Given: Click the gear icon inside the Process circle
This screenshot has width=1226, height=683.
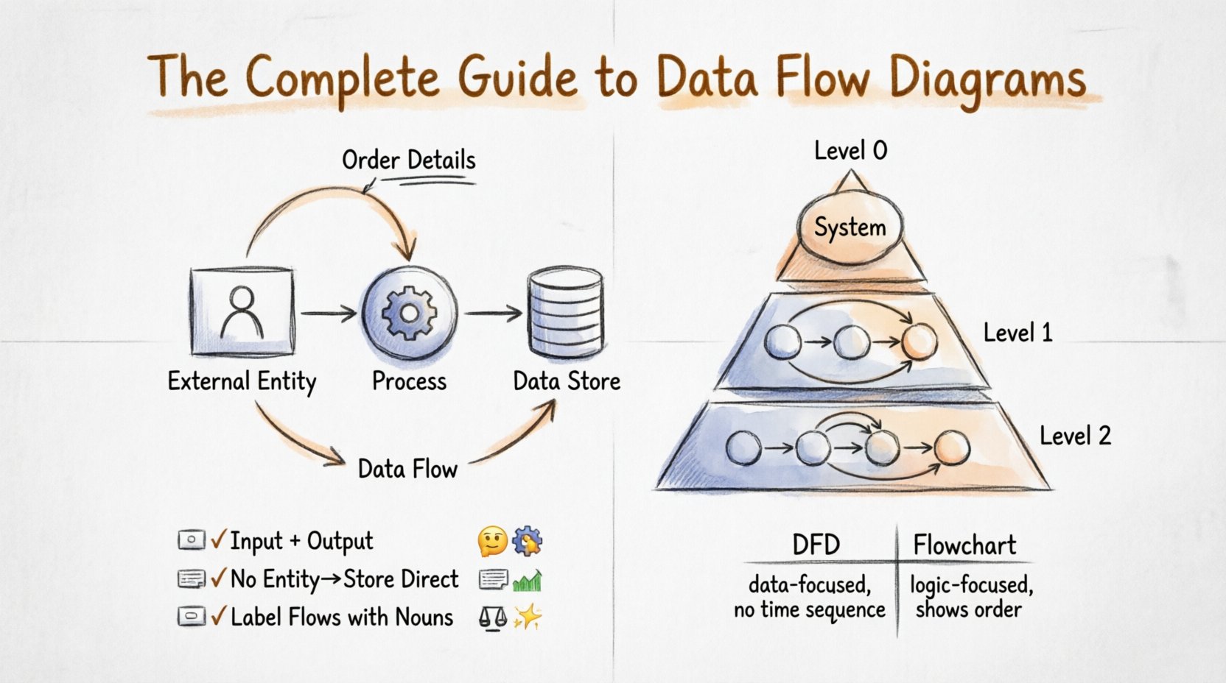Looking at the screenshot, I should [409, 313].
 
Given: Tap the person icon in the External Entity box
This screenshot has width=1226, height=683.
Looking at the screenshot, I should [242, 312].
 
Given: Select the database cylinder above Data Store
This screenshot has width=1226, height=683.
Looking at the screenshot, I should [566, 313].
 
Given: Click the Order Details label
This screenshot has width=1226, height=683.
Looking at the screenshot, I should [408, 160].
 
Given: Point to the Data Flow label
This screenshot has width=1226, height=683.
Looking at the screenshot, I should [407, 469].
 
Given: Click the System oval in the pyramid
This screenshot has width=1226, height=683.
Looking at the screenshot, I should [850, 227].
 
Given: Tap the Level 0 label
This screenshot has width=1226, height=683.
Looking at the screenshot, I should [850, 151].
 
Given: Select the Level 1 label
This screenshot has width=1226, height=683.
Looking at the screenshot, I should [1017, 333].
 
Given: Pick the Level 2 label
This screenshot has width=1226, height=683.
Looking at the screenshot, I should [1074, 436].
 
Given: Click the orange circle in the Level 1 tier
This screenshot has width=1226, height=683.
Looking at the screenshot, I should [919, 342].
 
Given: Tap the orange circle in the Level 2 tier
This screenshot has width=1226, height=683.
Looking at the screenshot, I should [951, 448].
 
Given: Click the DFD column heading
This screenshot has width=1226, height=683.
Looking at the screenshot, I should [816, 545].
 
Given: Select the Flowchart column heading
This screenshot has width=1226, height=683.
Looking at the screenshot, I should [964, 545].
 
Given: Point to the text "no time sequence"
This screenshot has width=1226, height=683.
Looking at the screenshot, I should [809, 610].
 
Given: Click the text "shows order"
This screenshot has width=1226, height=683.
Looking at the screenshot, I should [968, 610].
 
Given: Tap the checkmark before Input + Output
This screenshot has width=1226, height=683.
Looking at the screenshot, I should [218, 540].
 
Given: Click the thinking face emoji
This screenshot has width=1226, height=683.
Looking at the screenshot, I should [492, 542].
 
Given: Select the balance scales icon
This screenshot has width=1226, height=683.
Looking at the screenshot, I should [492, 617].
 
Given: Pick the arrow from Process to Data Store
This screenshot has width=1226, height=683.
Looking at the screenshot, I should [493, 314].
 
